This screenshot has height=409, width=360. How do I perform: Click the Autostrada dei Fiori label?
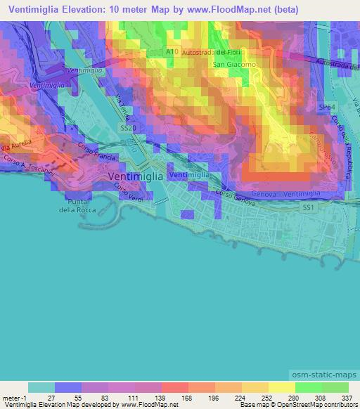click(212, 53)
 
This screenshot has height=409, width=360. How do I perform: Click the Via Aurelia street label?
click(15, 148)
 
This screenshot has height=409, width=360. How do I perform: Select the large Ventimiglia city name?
click(135, 177)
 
